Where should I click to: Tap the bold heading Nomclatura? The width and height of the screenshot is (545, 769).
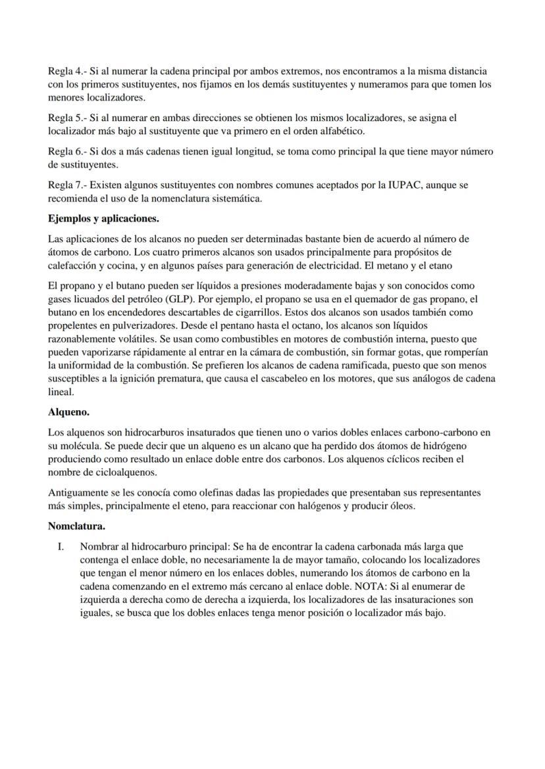(76, 526)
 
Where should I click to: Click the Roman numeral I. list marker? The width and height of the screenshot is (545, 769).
(60, 546)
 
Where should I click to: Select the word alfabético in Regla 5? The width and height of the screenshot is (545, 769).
(342, 131)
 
